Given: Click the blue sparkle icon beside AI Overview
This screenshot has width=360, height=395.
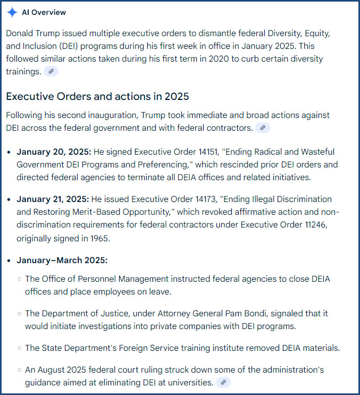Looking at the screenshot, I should tap(12, 12).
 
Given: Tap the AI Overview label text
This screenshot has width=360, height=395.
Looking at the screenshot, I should tap(44, 12).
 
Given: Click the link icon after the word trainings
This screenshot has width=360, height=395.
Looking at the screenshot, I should tap(51, 71).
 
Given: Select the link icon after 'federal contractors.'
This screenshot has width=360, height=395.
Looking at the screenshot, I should tap(263, 128).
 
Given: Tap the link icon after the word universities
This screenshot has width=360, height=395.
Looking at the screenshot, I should tap(223, 382).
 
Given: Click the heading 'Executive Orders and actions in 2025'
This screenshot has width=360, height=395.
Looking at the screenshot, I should tap(97, 96).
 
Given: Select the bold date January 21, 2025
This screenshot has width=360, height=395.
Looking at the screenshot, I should tap(53, 199).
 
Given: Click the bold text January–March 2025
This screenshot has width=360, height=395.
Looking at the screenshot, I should tap(62, 260).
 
